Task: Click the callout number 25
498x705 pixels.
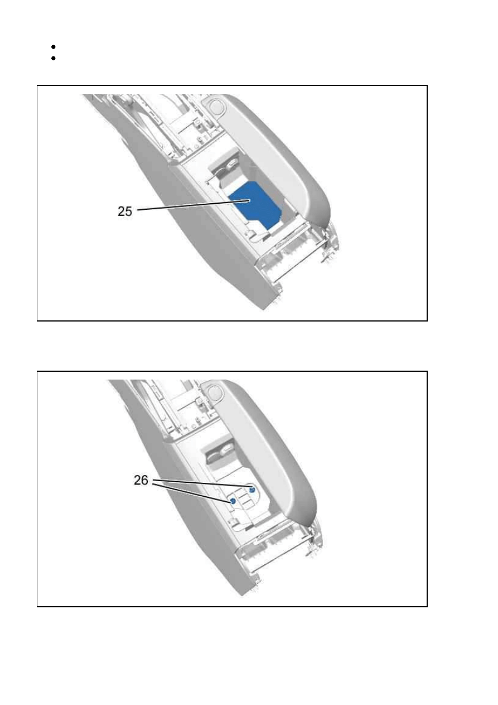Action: coord(125,211)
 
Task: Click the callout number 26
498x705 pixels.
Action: coord(141,480)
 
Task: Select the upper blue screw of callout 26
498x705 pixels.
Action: coord(252,490)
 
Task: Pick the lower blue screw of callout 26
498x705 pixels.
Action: coord(233,501)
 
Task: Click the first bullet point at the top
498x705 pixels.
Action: coord(53,47)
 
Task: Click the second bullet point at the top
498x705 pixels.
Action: coord(53,58)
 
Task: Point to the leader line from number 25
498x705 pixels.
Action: coord(194,205)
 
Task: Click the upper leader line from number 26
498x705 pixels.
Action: coord(201,484)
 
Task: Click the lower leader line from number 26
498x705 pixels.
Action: coord(192,492)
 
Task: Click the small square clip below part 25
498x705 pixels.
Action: coord(251,233)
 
